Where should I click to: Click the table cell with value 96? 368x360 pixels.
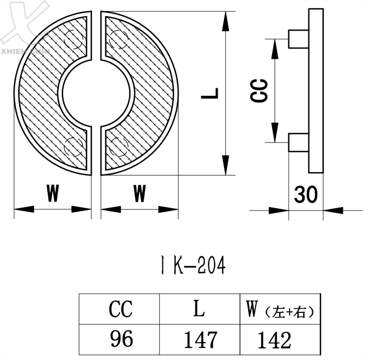[120, 339]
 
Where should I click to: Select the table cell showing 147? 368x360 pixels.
[200, 339]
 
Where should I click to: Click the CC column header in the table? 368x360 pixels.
[120, 309]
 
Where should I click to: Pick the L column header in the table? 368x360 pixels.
[200, 309]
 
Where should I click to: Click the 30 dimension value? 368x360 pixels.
[306, 194]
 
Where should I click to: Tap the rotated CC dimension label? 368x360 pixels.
[260, 91]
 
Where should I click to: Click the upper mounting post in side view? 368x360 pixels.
[298, 39]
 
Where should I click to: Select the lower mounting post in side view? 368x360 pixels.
[298, 143]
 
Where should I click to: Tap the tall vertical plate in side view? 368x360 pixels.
[315, 90]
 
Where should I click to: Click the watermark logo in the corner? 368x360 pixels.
[25, 20]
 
